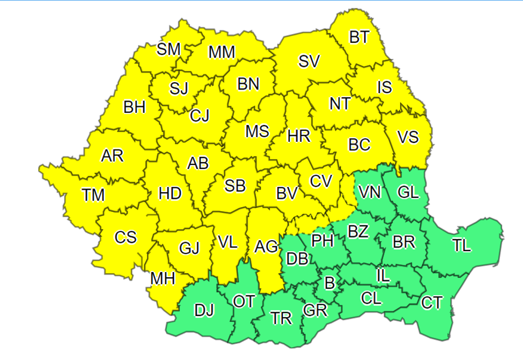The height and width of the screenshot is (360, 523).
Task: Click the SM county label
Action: click(168, 49)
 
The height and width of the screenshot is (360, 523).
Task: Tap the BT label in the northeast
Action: click(359, 37)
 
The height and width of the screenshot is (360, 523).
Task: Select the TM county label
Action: click(93, 195)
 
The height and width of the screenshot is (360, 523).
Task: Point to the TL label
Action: click(462, 245)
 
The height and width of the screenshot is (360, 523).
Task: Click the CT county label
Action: click(432, 302)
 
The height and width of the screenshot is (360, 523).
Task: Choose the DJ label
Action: click(204, 311)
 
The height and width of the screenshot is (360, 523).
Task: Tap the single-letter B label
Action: click(329, 283)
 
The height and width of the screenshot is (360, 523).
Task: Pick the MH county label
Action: click(162, 279)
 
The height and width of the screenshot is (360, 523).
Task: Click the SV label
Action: click(309, 62)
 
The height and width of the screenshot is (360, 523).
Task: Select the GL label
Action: click(408, 193)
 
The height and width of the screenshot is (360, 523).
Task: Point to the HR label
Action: click(299, 137)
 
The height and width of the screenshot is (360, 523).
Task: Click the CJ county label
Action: click(199, 115)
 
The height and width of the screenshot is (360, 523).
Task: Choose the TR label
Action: click(281, 318)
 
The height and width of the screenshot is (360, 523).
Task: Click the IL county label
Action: click(383, 276)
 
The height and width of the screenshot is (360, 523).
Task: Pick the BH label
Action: click(134, 108)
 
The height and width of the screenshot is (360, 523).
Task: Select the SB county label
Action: click(235, 185)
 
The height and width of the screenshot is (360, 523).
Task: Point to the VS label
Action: click(408, 137)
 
